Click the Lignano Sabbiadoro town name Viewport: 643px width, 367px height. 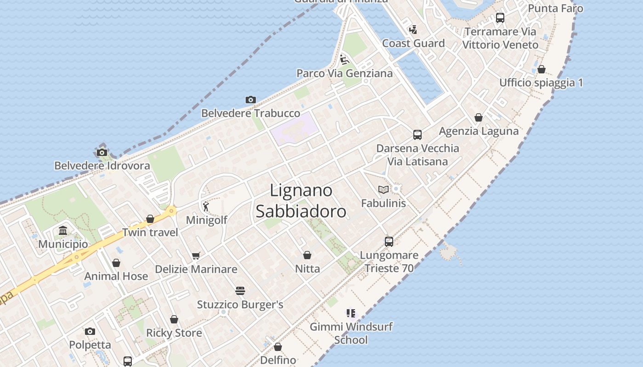point(301,200)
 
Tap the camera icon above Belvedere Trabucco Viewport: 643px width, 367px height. point(250,100)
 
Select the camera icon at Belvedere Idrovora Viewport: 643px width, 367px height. point(102,152)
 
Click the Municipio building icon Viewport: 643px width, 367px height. point(63,230)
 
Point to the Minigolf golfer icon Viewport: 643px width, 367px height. point(206,206)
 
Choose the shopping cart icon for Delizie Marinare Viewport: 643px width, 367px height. point(196,256)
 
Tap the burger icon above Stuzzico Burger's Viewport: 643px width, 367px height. point(240,291)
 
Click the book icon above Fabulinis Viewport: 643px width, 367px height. point(383,189)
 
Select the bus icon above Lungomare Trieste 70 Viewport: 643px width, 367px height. point(389,241)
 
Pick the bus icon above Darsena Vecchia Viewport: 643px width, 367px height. point(417,134)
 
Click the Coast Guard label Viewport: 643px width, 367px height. point(413,44)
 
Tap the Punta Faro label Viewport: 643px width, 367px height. point(555,8)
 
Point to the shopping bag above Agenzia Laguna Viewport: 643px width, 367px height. point(479,117)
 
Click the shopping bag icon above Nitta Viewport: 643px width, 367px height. point(307,255)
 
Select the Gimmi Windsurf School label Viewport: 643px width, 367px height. point(351,334)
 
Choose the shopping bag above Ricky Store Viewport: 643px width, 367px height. point(174,319)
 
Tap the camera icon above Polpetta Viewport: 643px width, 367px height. point(90,331)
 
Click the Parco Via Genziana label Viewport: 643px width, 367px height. point(344,73)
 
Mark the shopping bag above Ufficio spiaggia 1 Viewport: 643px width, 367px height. point(541,69)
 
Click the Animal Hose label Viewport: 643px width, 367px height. point(116,276)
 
